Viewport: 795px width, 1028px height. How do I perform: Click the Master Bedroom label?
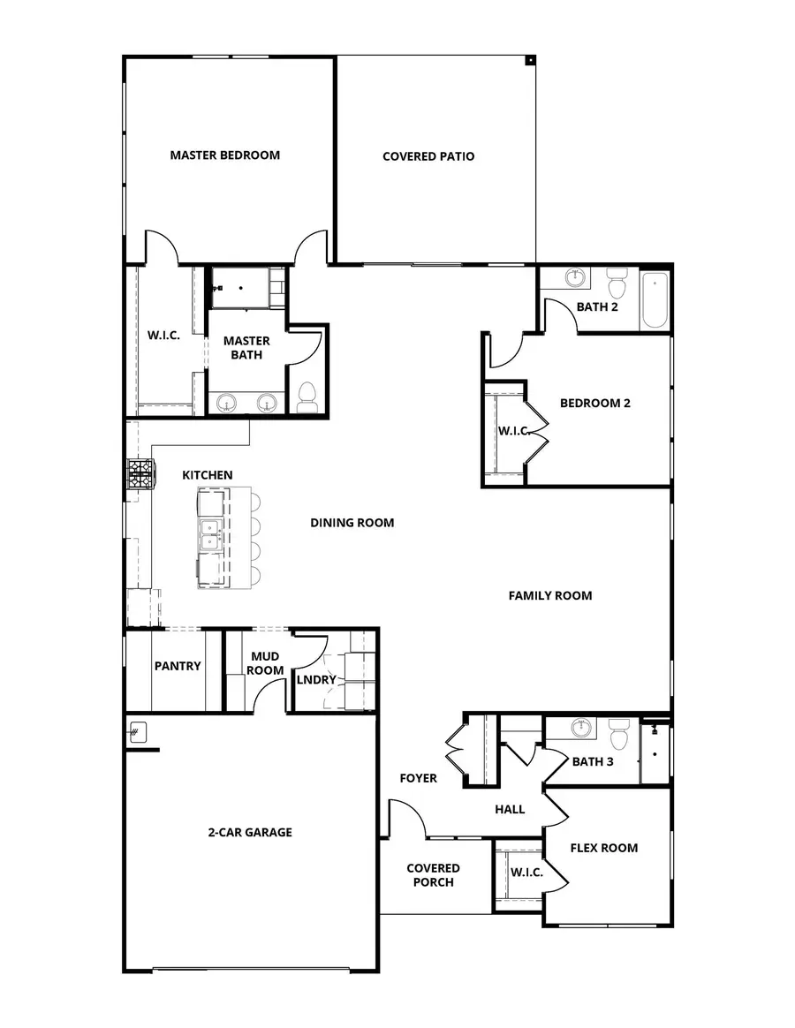click(224, 155)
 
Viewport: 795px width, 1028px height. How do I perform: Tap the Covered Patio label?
click(428, 156)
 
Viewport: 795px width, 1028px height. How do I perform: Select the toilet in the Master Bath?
click(307, 397)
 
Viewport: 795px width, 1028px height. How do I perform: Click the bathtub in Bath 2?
click(655, 300)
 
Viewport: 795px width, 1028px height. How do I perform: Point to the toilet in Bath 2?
click(617, 284)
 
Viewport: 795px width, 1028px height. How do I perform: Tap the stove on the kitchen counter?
click(140, 474)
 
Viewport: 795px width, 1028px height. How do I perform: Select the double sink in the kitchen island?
click(209, 535)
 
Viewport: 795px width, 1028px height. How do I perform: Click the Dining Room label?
click(352, 523)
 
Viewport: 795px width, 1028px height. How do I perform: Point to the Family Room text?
click(549, 596)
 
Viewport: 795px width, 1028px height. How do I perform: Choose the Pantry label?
click(178, 666)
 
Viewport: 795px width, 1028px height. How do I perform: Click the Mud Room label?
click(266, 663)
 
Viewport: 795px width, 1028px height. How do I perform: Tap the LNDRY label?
click(316, 679)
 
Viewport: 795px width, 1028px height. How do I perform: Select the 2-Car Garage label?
click(250, 832)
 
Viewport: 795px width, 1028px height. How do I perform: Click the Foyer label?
click(418, 778)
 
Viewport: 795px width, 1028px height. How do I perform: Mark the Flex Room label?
click(603, 848)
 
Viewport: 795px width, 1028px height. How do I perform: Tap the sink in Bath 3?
click(580, 729)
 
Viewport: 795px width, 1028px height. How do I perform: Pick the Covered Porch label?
click(433, 875)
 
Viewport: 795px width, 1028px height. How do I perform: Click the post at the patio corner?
click(530, 61)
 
